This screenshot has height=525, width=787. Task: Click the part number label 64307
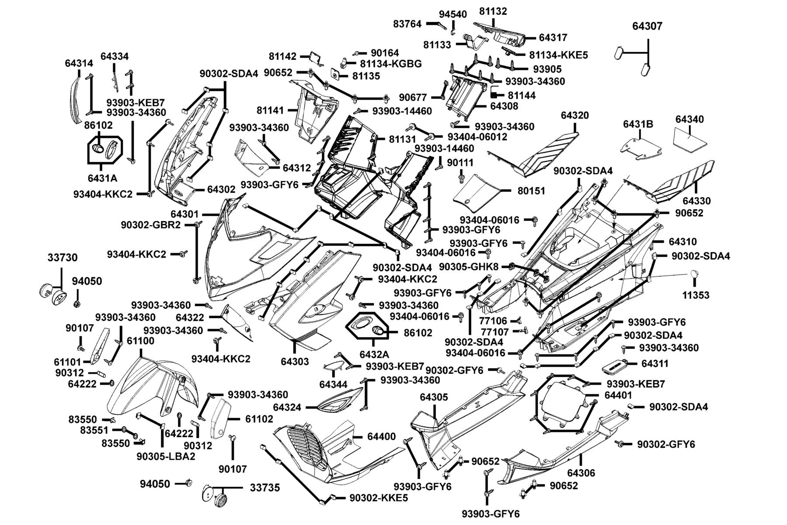(647, 26)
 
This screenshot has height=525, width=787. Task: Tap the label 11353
(696, 295)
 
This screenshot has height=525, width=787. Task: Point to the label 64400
(381, 437)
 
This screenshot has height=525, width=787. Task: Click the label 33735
(265, 487)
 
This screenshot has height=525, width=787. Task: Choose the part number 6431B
(638, 125)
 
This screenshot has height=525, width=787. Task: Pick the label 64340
(689, 119)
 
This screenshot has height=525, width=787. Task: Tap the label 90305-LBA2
(166, 456)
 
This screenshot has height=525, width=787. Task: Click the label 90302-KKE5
(379, 498)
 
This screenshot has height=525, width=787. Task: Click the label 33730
(63, 258)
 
